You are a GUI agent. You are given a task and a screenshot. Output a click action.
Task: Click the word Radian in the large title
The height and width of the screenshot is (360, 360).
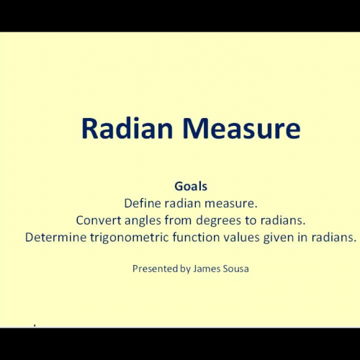pyautogui.click(x=122, y=129)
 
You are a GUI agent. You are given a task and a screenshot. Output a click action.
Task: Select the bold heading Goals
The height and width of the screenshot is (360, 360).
pyautogui.click(x=190, y=185)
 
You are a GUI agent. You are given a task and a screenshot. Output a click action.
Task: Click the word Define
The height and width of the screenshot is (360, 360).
pyautogui.click(x=141, y=202)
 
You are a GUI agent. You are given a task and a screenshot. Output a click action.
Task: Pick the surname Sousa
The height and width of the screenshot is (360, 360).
pyautogui.click(x=236, y=269)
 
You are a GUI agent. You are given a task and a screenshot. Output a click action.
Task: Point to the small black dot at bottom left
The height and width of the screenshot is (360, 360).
pyautogui.click(x=35, y=325)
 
